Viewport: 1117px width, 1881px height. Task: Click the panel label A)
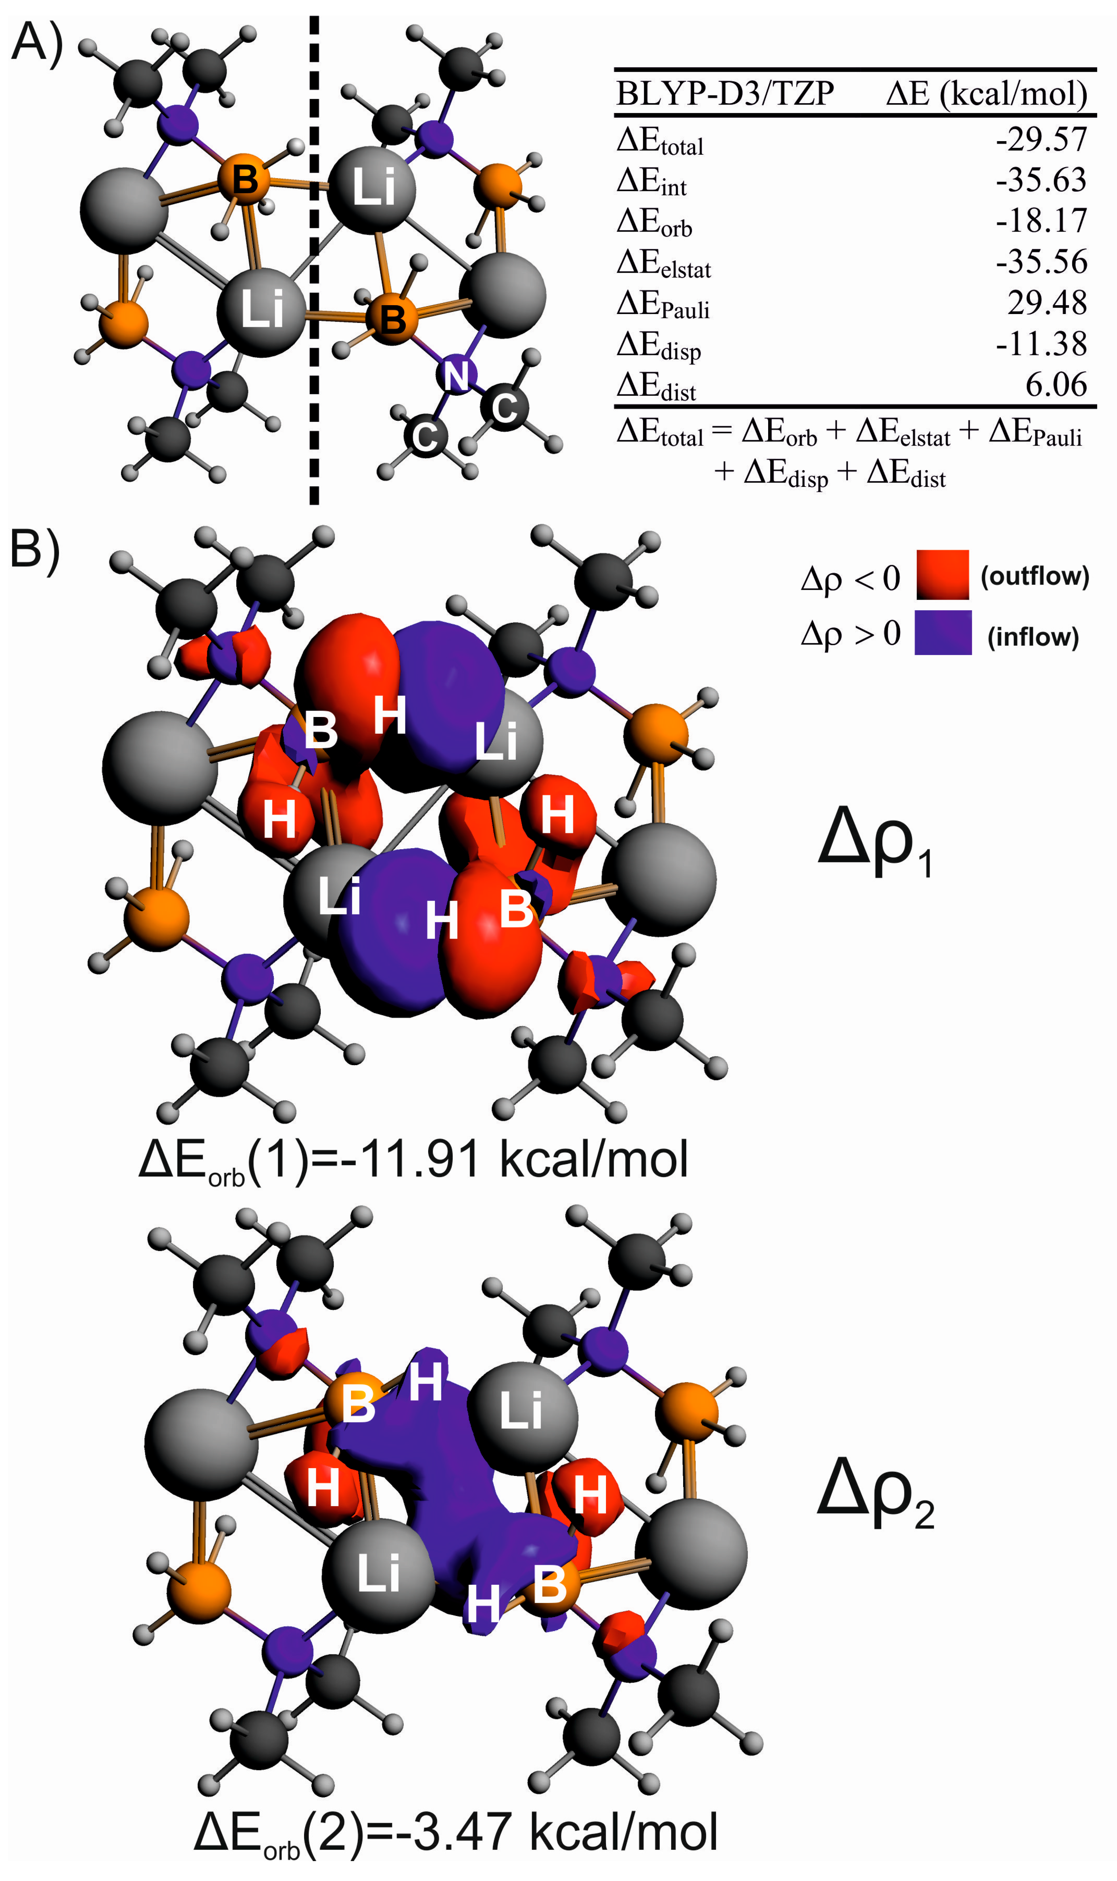(x=36, y=44)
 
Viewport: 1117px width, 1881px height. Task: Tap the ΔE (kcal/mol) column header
(x=986, y=94)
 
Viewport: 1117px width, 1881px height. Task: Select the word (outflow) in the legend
(x=1034, y=576)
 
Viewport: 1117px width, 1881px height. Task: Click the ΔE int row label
(x=651, y=181)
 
